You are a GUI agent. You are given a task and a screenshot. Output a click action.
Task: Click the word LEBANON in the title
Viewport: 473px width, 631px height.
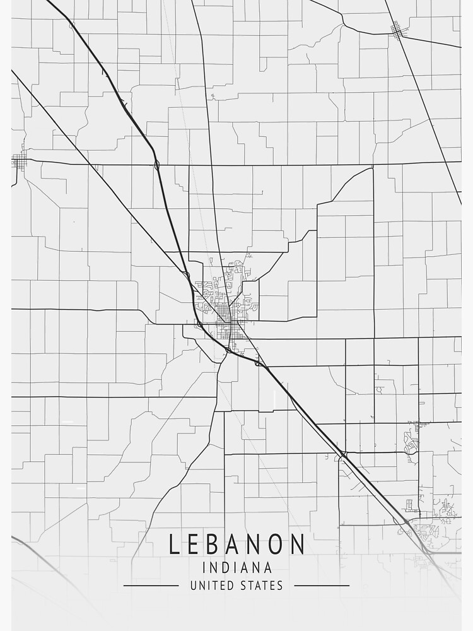237,544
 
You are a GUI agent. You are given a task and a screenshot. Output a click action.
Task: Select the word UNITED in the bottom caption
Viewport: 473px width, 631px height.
212,586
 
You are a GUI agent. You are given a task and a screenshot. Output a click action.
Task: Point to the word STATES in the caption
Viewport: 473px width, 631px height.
261,586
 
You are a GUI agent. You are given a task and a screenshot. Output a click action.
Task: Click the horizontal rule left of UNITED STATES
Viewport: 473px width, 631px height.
151,586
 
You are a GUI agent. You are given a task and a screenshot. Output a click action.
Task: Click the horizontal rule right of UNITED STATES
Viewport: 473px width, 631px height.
322,586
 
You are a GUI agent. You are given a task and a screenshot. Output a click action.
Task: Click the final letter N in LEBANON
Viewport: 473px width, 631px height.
298,544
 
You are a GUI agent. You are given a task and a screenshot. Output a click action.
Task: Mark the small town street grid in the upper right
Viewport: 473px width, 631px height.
397,29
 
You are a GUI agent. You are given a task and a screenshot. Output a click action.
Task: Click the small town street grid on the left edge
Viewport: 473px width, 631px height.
19,162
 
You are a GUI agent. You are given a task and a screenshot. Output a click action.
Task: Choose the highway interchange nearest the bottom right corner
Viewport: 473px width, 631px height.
429,551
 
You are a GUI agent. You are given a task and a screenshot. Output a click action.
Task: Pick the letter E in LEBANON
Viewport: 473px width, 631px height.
196,544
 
